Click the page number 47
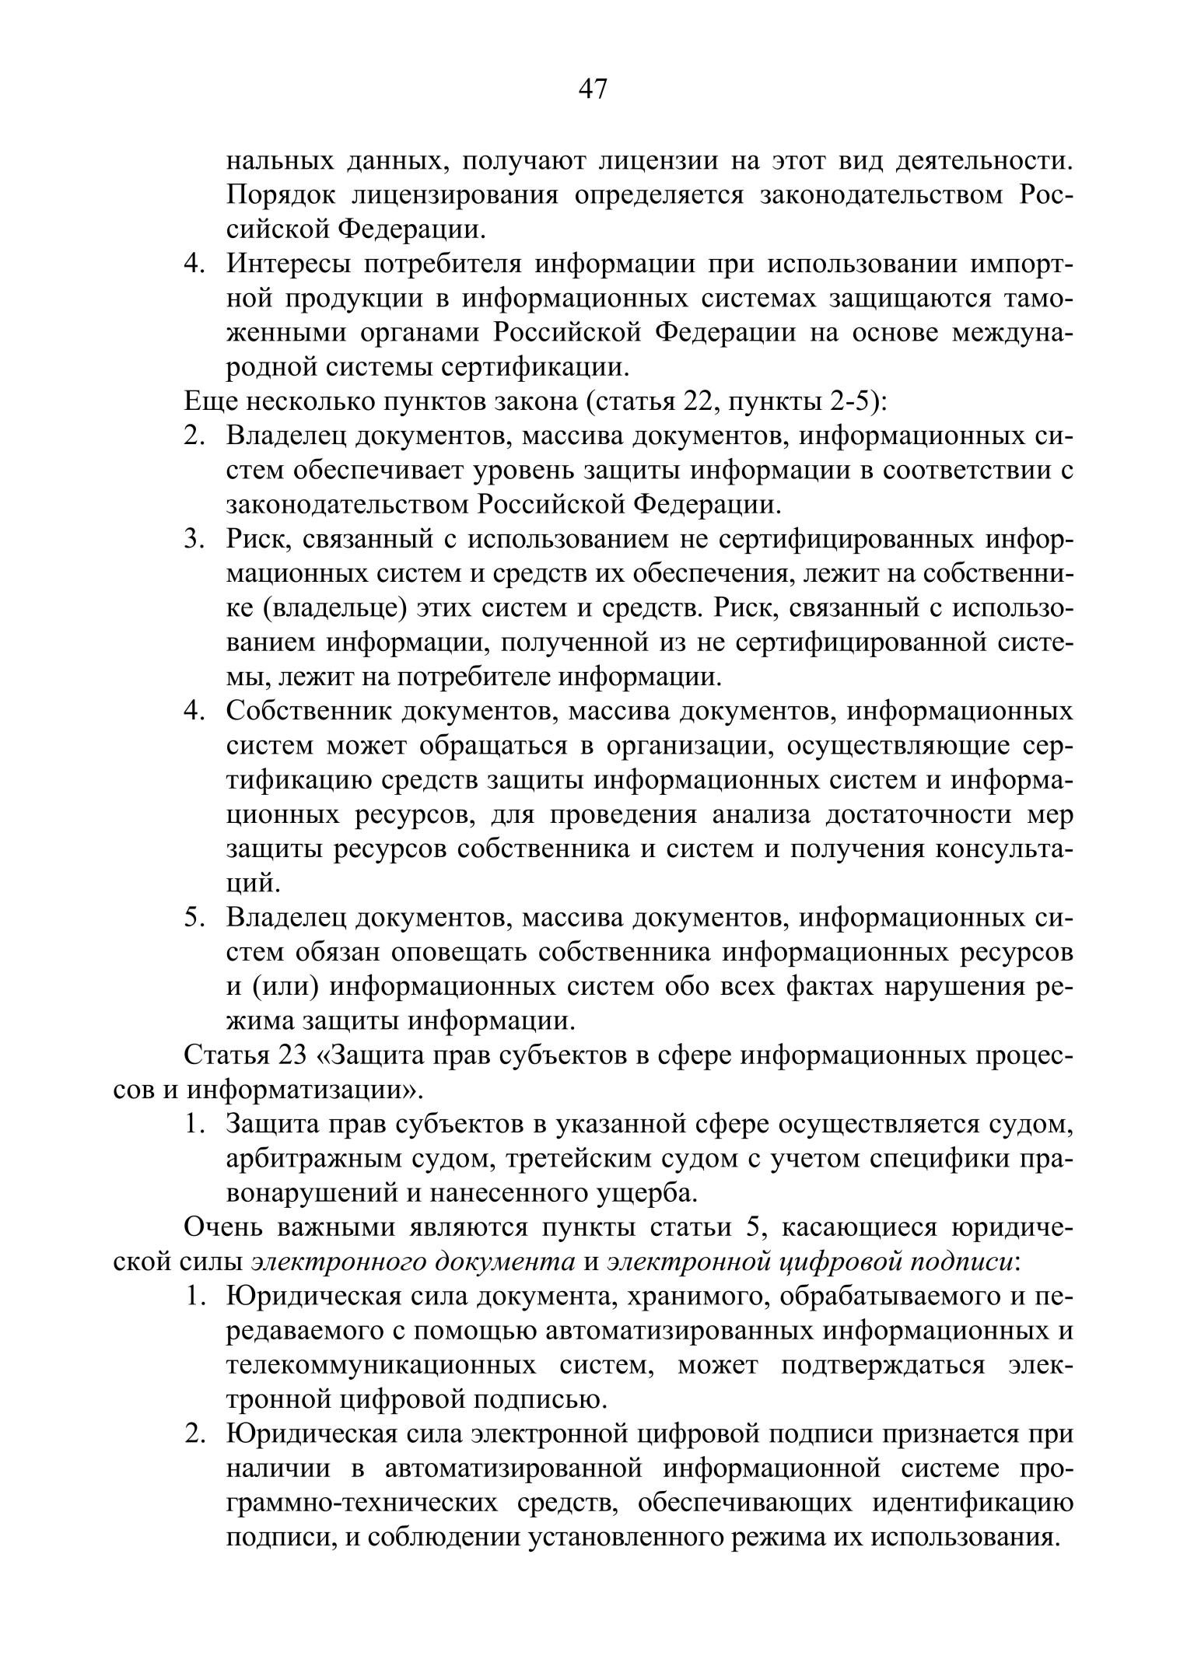pos(593,90)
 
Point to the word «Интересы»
pos(287,264)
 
